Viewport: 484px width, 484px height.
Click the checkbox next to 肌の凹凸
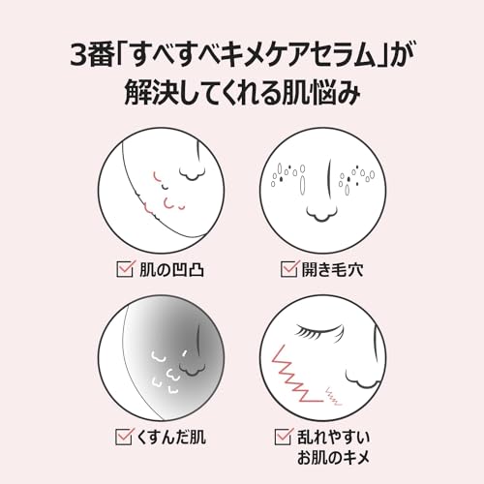pyautogui.click(x=124, y=269)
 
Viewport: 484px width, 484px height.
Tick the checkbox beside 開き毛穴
pyautogui.click(x=288, y=269)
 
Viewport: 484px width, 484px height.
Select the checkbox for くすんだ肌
pyautogui.click(x=124, y=437)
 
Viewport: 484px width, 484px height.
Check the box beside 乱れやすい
pyautogui.click(x=284, y=437)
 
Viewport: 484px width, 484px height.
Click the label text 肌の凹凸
pyautogui.click(x=171, y=270)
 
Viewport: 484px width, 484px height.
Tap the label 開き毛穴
pyautogui.click(x=332, y=270)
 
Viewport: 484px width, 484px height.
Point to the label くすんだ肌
pyautogui.click(x=171, y=438)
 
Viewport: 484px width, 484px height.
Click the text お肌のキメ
pyautogui.click(x=333, y=458)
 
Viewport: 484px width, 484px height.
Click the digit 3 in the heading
pyautogui.click(x=78, y=57)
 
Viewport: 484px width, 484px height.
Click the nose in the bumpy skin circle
pyautogui.click(x=192, y=174)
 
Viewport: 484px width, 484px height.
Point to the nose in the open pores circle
pyautogui.click(x=321, y=213)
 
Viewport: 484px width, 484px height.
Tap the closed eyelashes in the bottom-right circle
pyautogui.click(x=319, y=331)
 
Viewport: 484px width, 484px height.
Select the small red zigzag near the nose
pyautogui.click(x=333, y=397)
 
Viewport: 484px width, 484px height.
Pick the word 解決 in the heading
pyautogui.click(x=148, y=94)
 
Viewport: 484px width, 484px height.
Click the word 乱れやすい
pyautogui.click(x=333, y=438)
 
